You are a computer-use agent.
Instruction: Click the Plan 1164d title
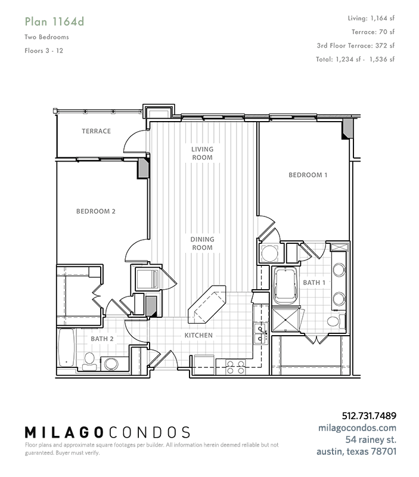[54, 21]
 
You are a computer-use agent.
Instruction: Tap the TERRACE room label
[96, 131]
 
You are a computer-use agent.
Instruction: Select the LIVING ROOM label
[202, 153]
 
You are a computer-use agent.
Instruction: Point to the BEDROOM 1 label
[308, 175]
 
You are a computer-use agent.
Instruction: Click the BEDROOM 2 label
[96, 211]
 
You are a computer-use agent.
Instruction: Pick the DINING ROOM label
[202, 243]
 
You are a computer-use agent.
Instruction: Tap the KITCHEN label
[198, 335]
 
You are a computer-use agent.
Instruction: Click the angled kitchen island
[207, 305]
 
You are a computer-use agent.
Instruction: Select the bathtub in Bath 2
[66, 348]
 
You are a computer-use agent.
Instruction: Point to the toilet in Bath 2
[89, 361]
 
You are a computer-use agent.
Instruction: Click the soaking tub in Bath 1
[285, 286]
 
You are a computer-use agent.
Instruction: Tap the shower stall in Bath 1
[285, 320]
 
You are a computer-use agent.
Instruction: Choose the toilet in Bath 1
[336, 321]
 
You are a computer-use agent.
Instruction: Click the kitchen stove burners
[235, 367]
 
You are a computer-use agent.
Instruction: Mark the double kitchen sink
[260, 334]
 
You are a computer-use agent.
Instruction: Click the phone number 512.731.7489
[369, 416]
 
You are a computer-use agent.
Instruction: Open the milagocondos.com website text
[357, 428]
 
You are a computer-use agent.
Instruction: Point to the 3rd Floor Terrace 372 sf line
[355, 46]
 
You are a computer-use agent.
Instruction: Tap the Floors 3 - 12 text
[44, 51]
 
